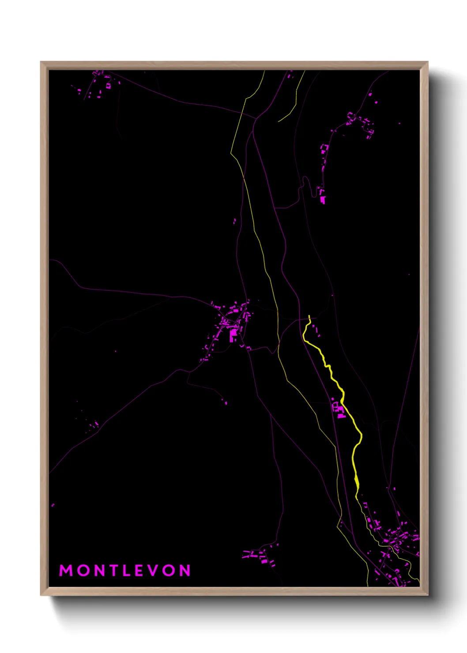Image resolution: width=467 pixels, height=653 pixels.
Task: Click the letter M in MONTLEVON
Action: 66,570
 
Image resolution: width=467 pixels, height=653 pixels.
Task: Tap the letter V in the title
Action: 153,570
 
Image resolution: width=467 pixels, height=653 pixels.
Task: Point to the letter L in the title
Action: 126,570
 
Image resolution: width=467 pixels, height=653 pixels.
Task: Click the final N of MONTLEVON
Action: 185,570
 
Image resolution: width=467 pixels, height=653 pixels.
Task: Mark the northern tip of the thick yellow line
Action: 309,316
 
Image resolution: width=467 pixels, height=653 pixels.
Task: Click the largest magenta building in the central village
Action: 233,335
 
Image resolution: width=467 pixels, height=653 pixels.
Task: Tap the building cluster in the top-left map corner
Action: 99,84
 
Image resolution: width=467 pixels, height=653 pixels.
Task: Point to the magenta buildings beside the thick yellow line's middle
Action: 338,409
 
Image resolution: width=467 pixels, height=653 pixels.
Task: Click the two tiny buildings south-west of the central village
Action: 224,401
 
